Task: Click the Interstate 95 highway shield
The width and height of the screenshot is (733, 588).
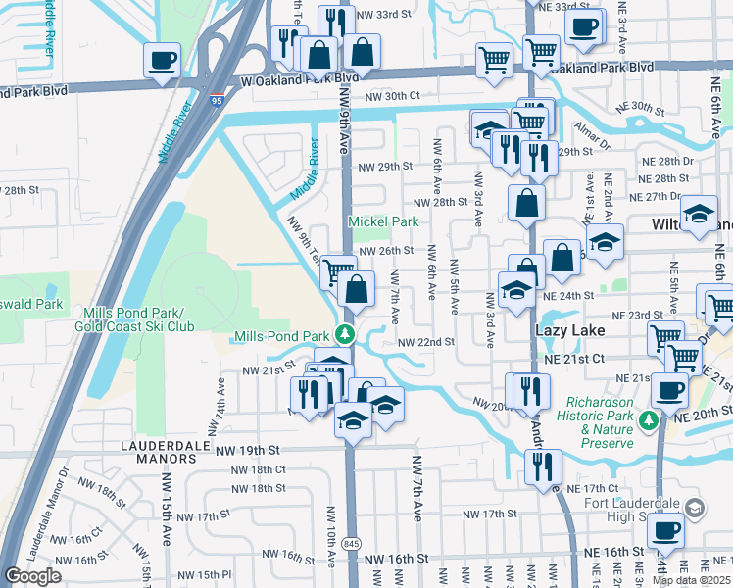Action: click(216, 99)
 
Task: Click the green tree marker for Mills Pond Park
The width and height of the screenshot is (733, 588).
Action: click(344, 335)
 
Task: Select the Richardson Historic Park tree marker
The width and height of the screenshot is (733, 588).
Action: click(647, 420)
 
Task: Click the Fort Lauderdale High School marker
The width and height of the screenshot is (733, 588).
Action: click(695, 507)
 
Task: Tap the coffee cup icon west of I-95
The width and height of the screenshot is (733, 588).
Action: click(162, 60)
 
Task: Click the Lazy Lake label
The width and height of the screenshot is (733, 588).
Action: click(566, 332)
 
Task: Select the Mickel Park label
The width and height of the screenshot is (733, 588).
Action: click(384, 221)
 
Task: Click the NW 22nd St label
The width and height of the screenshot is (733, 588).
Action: click(426, 342)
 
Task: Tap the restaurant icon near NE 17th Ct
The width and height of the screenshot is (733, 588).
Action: click(542, 467)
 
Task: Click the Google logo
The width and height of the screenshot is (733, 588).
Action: click(32, 576)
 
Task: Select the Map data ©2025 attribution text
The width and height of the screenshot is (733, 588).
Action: click(691, 580)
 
